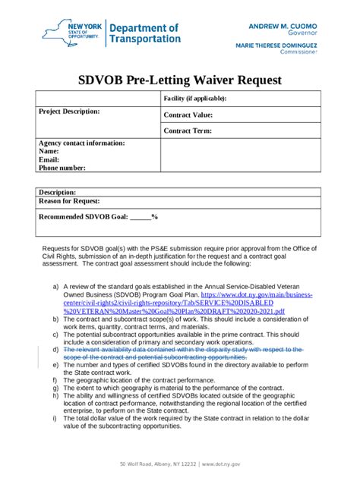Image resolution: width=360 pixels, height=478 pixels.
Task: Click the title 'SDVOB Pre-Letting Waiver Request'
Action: click(x=180, y=80)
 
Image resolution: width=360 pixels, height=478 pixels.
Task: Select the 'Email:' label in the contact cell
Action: click(x=49, y=160)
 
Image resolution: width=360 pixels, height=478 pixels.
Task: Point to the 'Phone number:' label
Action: click(x=62, y=168)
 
